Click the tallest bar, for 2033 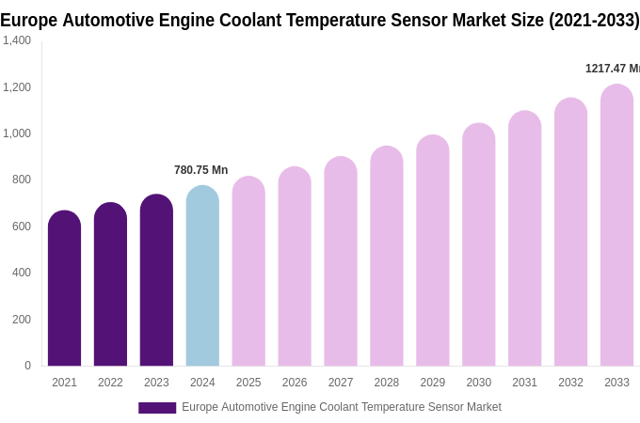tap(616, 226)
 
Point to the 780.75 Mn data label tap(200, 170)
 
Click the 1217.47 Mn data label tap(612, 69)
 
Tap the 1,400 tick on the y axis tap(17, 40)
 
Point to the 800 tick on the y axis tap(21, 180)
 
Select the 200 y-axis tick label tap(21, 320)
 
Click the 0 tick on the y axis tap(27, 366)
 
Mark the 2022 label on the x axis tap(110, 383)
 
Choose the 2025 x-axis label tap(248, 383)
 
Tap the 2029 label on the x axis tap(432, 383)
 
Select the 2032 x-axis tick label tap(570, 383)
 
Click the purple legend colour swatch tap(157, 408)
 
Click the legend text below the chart tap(341, 407)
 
